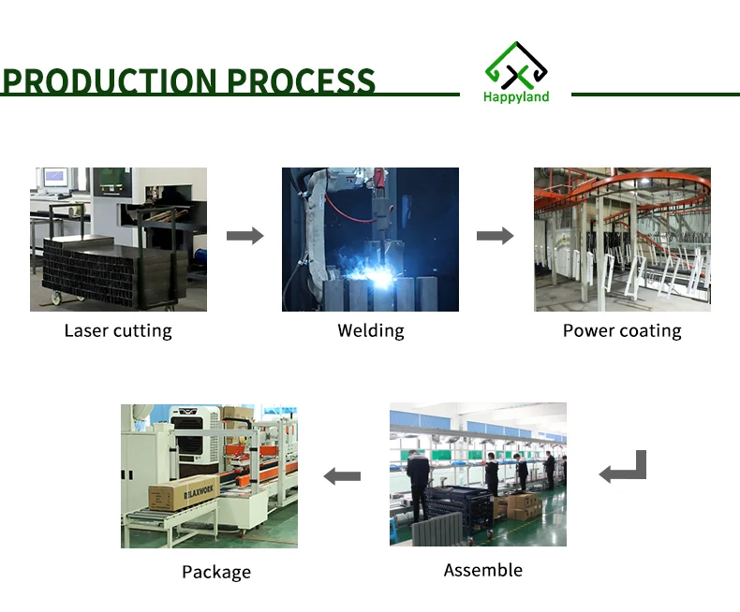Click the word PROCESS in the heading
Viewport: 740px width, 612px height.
coord(301,81)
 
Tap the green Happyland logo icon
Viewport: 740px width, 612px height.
coord(516,64)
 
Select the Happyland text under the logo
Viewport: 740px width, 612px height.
coord(516,96)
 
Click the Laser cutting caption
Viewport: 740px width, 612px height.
coord(118,330)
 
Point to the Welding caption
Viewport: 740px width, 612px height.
coord(371,330)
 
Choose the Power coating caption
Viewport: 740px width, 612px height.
coord(622,330)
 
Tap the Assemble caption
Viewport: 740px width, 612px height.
coord(482,570)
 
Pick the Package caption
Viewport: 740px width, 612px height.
coord(216,572)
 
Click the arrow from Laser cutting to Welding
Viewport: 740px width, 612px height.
coord(244,236)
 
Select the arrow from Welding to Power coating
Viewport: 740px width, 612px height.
coord(495,236)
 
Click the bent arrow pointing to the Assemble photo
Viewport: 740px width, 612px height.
coord(623,467)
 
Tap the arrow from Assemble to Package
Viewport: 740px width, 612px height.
coord(342,476)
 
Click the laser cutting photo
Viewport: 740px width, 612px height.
coord(118,240)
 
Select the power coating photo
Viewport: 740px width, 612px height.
coord(622,240)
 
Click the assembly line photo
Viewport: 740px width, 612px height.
coord(478,474)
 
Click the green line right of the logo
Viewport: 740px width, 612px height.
coord(655,95)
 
